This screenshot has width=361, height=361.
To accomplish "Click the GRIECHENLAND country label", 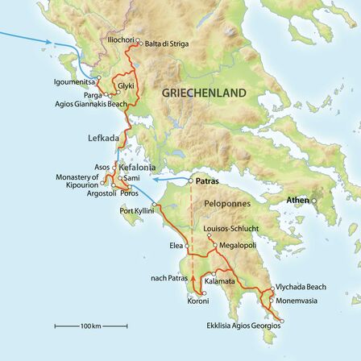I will pyautogui.click(x=204, y=94).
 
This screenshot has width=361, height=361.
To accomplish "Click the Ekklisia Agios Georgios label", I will pyautogui.click(x=252, y=326).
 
